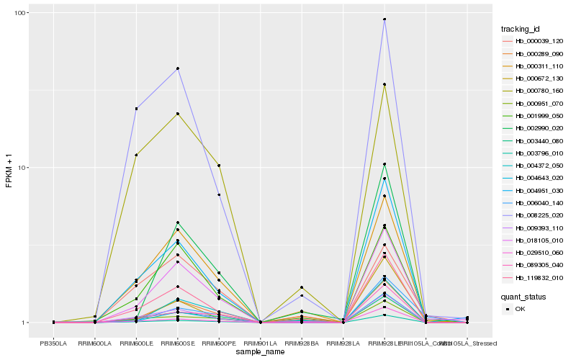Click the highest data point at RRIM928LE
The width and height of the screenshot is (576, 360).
pos(384,19)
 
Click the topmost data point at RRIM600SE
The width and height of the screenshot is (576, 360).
pos(178,68)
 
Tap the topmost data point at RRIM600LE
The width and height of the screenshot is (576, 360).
pos(136,109)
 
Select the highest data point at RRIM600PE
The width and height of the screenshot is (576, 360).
pos(219,166)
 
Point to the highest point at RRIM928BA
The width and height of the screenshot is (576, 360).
pos(302,287)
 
